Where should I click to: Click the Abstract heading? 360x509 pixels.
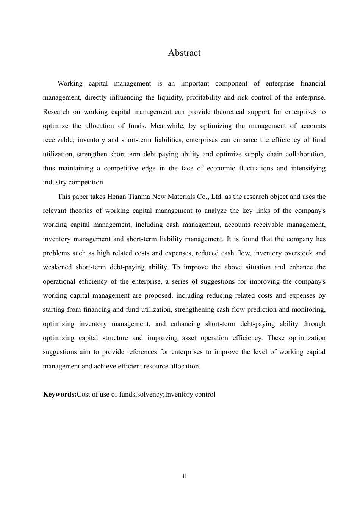pyautogui.click(x=184, y=53)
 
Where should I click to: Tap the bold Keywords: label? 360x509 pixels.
pyautogui.click(x=60, y=394)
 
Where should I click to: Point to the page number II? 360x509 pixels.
pyautogui.click(x=184, y=476)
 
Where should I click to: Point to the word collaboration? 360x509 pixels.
pyautogui.click(x=306, y=154)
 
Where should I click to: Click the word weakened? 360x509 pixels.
pyautogui.click(x=57, y=267)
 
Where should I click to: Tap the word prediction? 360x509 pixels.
pyautogui.click(x=261, y=309)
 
